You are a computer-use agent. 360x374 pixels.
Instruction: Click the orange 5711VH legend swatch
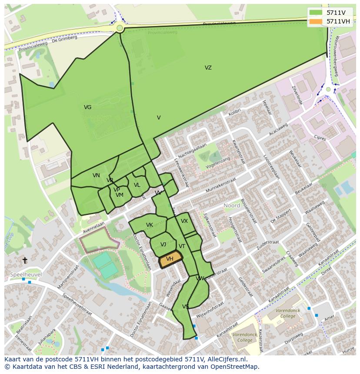[316, 21]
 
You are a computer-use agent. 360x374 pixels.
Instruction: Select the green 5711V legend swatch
[316, 13]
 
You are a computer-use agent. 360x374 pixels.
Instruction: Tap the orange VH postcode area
[170, 259]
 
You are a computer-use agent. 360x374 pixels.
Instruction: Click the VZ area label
[208, 68]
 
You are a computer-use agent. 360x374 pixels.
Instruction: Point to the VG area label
[87, 107]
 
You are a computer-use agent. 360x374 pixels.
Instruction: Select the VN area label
[96, 175]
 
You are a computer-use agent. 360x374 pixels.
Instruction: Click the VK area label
[149, 225]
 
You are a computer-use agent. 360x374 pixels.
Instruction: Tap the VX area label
[184, 221]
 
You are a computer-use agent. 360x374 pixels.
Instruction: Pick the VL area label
[137, 185]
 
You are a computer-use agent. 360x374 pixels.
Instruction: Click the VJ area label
[163, 245]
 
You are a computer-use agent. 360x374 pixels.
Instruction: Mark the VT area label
[182, 246]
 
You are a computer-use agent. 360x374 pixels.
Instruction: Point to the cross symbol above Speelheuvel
[25, 260]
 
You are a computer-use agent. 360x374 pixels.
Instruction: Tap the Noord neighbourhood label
[232, 205]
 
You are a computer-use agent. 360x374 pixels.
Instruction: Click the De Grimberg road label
[64, 39]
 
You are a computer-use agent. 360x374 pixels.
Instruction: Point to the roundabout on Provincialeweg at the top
[120, 28]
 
